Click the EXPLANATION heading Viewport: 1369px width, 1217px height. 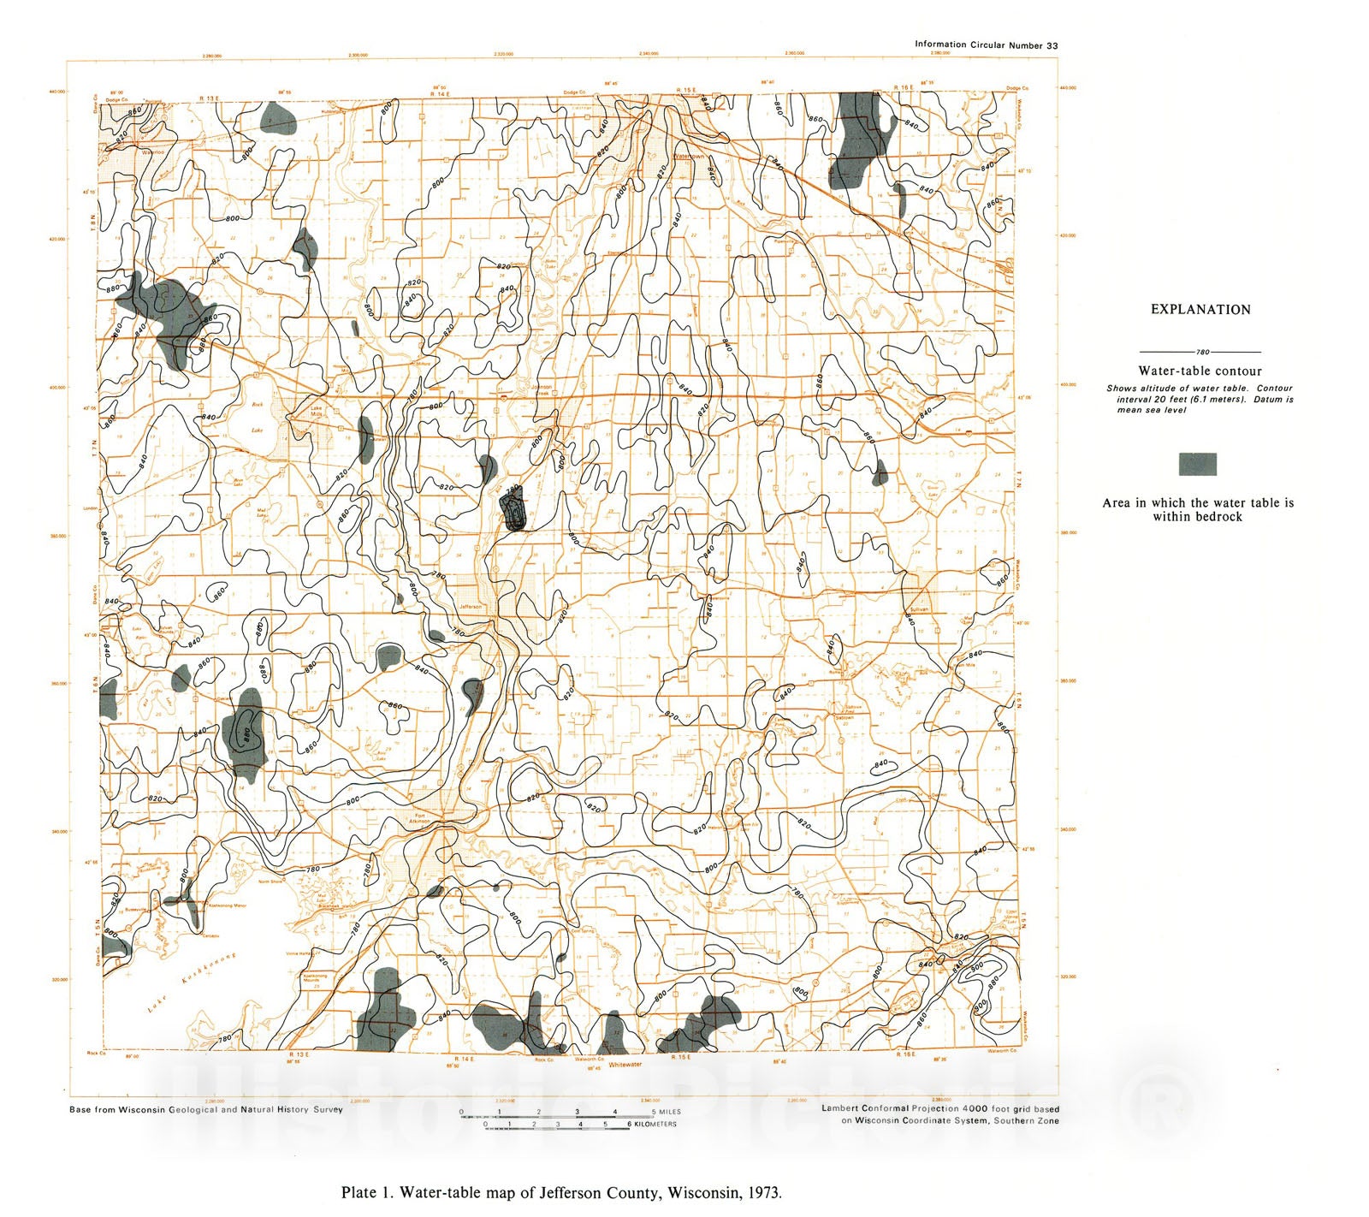1200,310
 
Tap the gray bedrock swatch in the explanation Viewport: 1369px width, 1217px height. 1197,465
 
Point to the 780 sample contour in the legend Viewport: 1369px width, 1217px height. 1201,352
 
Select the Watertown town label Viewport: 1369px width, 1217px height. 688,157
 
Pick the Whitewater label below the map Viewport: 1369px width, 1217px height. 625,1065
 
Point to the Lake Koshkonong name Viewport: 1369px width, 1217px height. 193,982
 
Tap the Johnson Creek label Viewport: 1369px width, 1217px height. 542,389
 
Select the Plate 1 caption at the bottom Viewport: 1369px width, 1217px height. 561,1192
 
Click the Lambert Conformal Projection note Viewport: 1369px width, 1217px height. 939,1108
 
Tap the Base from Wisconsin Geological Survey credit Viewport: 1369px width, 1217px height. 205,1109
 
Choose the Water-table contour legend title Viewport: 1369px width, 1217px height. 1200,371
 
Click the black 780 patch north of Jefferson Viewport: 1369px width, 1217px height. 513,510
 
